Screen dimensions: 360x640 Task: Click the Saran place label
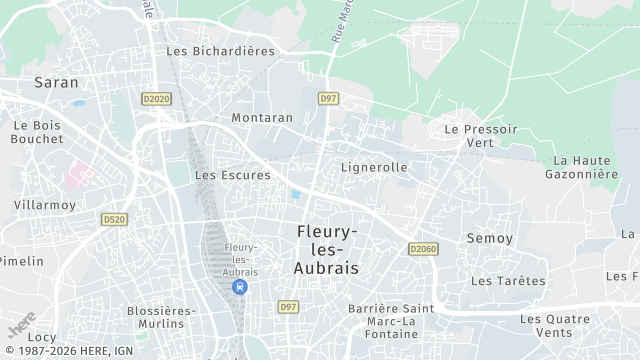click(56, 82)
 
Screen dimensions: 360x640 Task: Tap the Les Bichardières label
click(220, 51)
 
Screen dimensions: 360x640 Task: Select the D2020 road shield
click(156, 99)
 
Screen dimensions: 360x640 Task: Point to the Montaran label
click(262, 117)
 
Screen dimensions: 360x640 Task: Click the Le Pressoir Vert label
click(481, 136)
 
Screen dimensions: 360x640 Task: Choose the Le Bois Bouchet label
click(37, 132)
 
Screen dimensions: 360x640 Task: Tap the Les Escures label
click(232, 175)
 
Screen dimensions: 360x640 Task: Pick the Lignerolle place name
click(374, 167)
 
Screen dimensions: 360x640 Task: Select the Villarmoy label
click(45, 204)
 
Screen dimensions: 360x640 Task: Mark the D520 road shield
click(115, 219)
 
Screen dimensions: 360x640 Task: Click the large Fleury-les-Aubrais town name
click(328, 250)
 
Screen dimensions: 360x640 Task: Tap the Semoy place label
click(489, 238)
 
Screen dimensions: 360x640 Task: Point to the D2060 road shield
click(423, 249)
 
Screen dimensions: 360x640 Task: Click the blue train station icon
click(240, 286)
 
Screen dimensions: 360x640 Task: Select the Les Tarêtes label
click(508, 281)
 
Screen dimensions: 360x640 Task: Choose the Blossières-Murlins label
click(156, 317)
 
